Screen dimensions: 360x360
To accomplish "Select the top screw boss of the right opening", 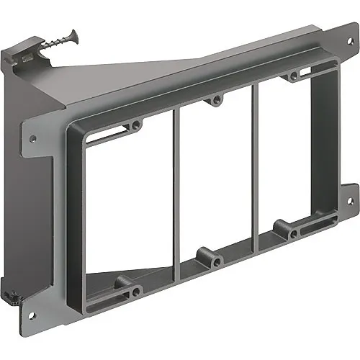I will point(293,76).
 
